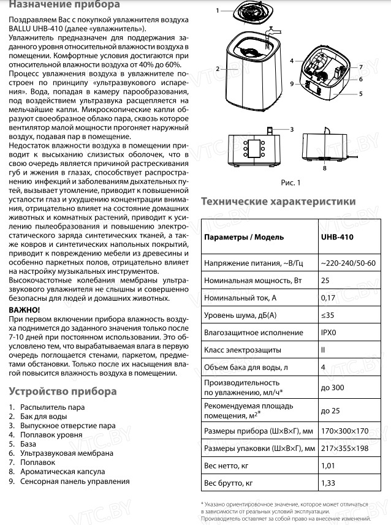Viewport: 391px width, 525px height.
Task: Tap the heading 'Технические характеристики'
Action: click(278, 201)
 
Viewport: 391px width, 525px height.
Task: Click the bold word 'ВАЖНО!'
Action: click(26, 311)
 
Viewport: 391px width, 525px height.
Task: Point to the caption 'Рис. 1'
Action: click(291, 183)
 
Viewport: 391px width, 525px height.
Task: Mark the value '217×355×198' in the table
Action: click(345, 448)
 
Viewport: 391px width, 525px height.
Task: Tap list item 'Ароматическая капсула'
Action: click(63, 472)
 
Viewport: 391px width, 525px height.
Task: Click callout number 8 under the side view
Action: click(324, 167)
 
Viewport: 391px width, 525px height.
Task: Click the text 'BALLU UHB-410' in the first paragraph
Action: click(36, 28)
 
